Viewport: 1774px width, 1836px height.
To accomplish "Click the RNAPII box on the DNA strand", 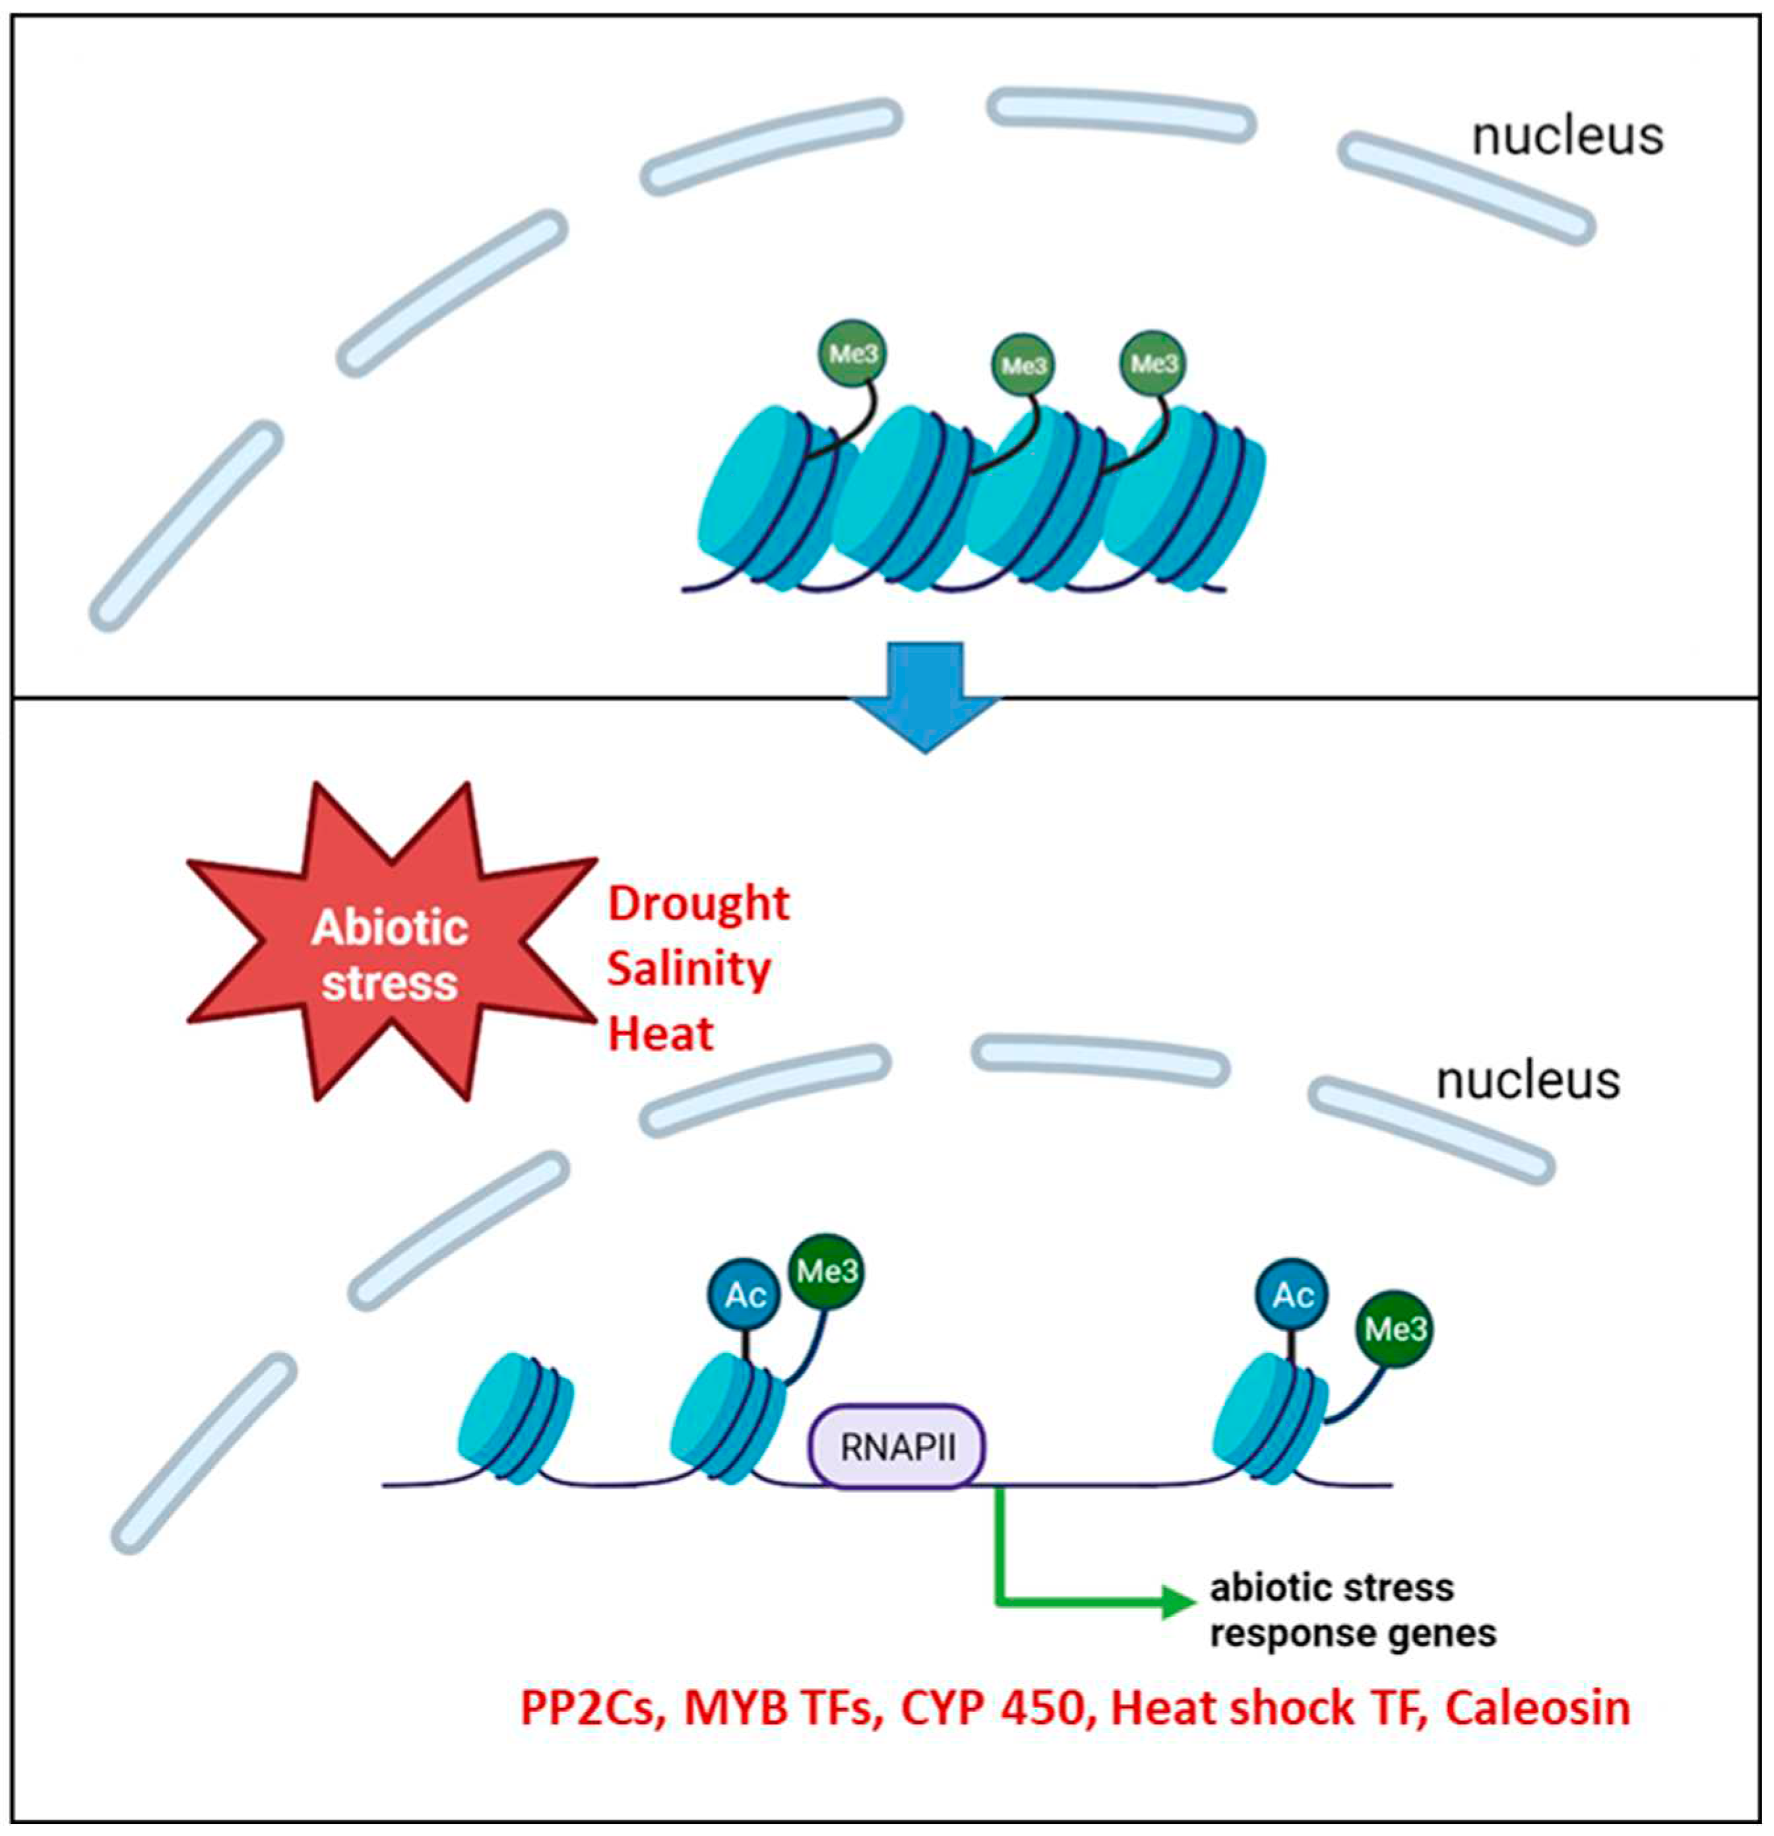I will (897, 1447).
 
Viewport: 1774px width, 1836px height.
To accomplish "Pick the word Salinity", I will (689, 969).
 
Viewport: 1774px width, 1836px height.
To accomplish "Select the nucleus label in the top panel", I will (1567, 137).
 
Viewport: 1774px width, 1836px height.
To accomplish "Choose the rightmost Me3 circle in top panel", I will (1152, 362).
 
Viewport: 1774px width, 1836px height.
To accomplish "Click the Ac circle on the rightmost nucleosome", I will (1292, 1295).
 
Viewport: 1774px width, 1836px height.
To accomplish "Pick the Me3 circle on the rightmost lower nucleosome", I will (1394, 1328).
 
